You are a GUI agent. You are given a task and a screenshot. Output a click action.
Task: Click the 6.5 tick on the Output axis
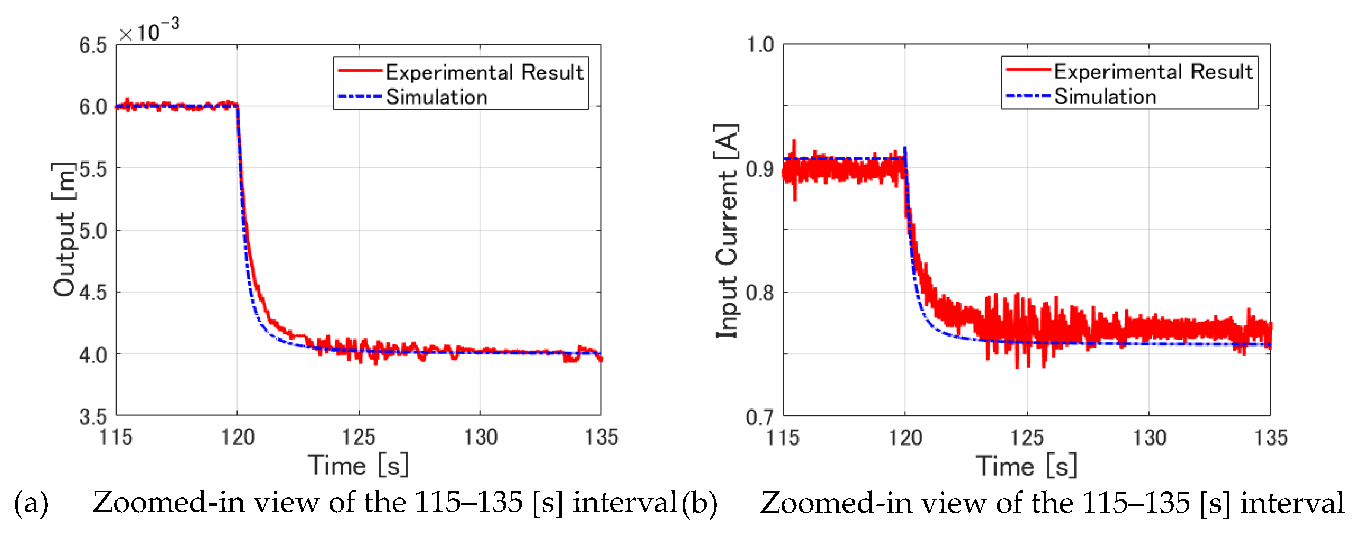(93, 46)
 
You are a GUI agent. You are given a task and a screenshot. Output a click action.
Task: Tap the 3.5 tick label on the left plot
(93, 417)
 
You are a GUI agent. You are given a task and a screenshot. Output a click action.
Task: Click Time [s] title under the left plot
(358, 465)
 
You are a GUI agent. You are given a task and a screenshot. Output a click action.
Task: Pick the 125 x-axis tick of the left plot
(359, 437)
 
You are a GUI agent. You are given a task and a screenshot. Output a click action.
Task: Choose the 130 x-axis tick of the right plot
(1149, 437)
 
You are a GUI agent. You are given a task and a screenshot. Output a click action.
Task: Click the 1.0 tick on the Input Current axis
(760, 45)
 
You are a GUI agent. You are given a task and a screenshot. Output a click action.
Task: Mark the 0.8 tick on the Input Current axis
(760, 293)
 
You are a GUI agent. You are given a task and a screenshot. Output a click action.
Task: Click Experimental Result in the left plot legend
(484, 72)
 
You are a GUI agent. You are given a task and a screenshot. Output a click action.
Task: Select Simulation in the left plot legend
(437, 97)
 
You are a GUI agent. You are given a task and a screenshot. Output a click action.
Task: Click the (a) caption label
(31, 503)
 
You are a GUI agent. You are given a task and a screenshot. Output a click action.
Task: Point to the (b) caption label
(700, 503)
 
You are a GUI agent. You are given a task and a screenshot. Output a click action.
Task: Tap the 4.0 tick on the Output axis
(93, 355)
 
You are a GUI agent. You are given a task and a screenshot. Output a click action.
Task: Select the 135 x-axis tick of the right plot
(1271, 437)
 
